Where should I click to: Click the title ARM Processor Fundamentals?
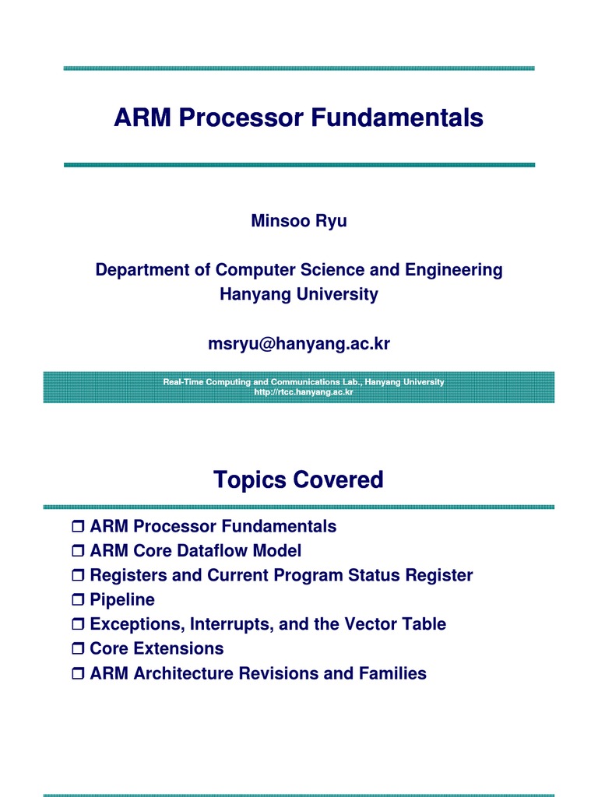(298, 118)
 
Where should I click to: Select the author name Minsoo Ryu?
(298, 221)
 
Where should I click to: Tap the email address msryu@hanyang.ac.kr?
(298, 344)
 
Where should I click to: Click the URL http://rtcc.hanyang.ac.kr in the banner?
(304, 392)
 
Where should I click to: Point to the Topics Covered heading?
(298, 480)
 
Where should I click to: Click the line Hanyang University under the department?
(298, 295)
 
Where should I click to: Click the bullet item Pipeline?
(122, 600)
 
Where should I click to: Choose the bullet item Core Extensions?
(157, 648)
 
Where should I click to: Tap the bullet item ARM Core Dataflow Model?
(195, 551)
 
